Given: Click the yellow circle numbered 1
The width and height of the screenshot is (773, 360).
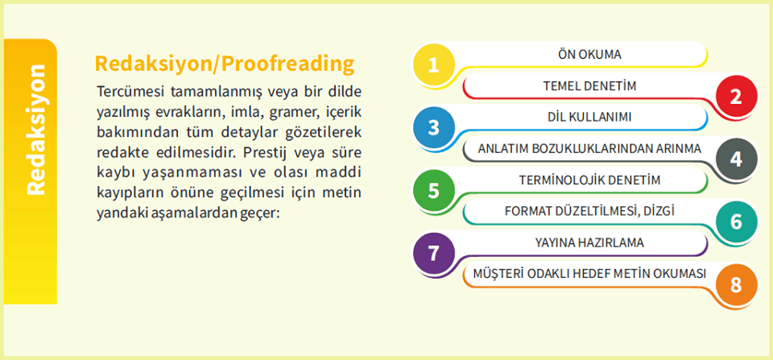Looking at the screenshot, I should tap(434, 65).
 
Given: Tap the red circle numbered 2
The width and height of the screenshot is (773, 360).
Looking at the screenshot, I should tap(736, 97).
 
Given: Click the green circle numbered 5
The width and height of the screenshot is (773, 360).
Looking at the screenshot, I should tap(434, 191).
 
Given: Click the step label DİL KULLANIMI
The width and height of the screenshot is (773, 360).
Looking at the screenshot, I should tap(589, 118).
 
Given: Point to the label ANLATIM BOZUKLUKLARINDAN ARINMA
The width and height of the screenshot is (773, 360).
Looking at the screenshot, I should tap(589, 149).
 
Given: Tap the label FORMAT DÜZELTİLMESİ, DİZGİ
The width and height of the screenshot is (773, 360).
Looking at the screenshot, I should tap(589, 211).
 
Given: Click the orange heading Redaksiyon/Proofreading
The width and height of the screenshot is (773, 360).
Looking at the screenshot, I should tap(224, 64).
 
